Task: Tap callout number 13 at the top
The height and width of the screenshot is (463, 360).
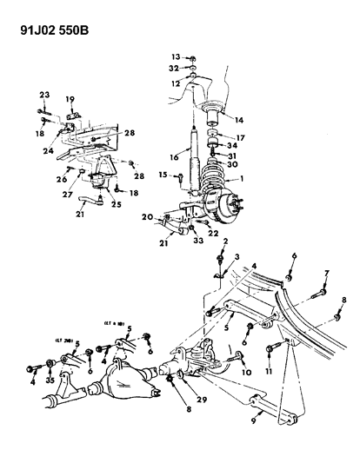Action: tap(174, 56)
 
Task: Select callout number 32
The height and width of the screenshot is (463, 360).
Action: tap(174, 68)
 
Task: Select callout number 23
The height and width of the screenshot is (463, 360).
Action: tap(44, 96)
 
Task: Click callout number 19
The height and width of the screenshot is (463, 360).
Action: tap(70, 99)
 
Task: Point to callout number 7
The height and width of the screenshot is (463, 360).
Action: tap(325, 273)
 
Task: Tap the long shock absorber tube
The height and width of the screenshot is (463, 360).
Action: tap(192, 149)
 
